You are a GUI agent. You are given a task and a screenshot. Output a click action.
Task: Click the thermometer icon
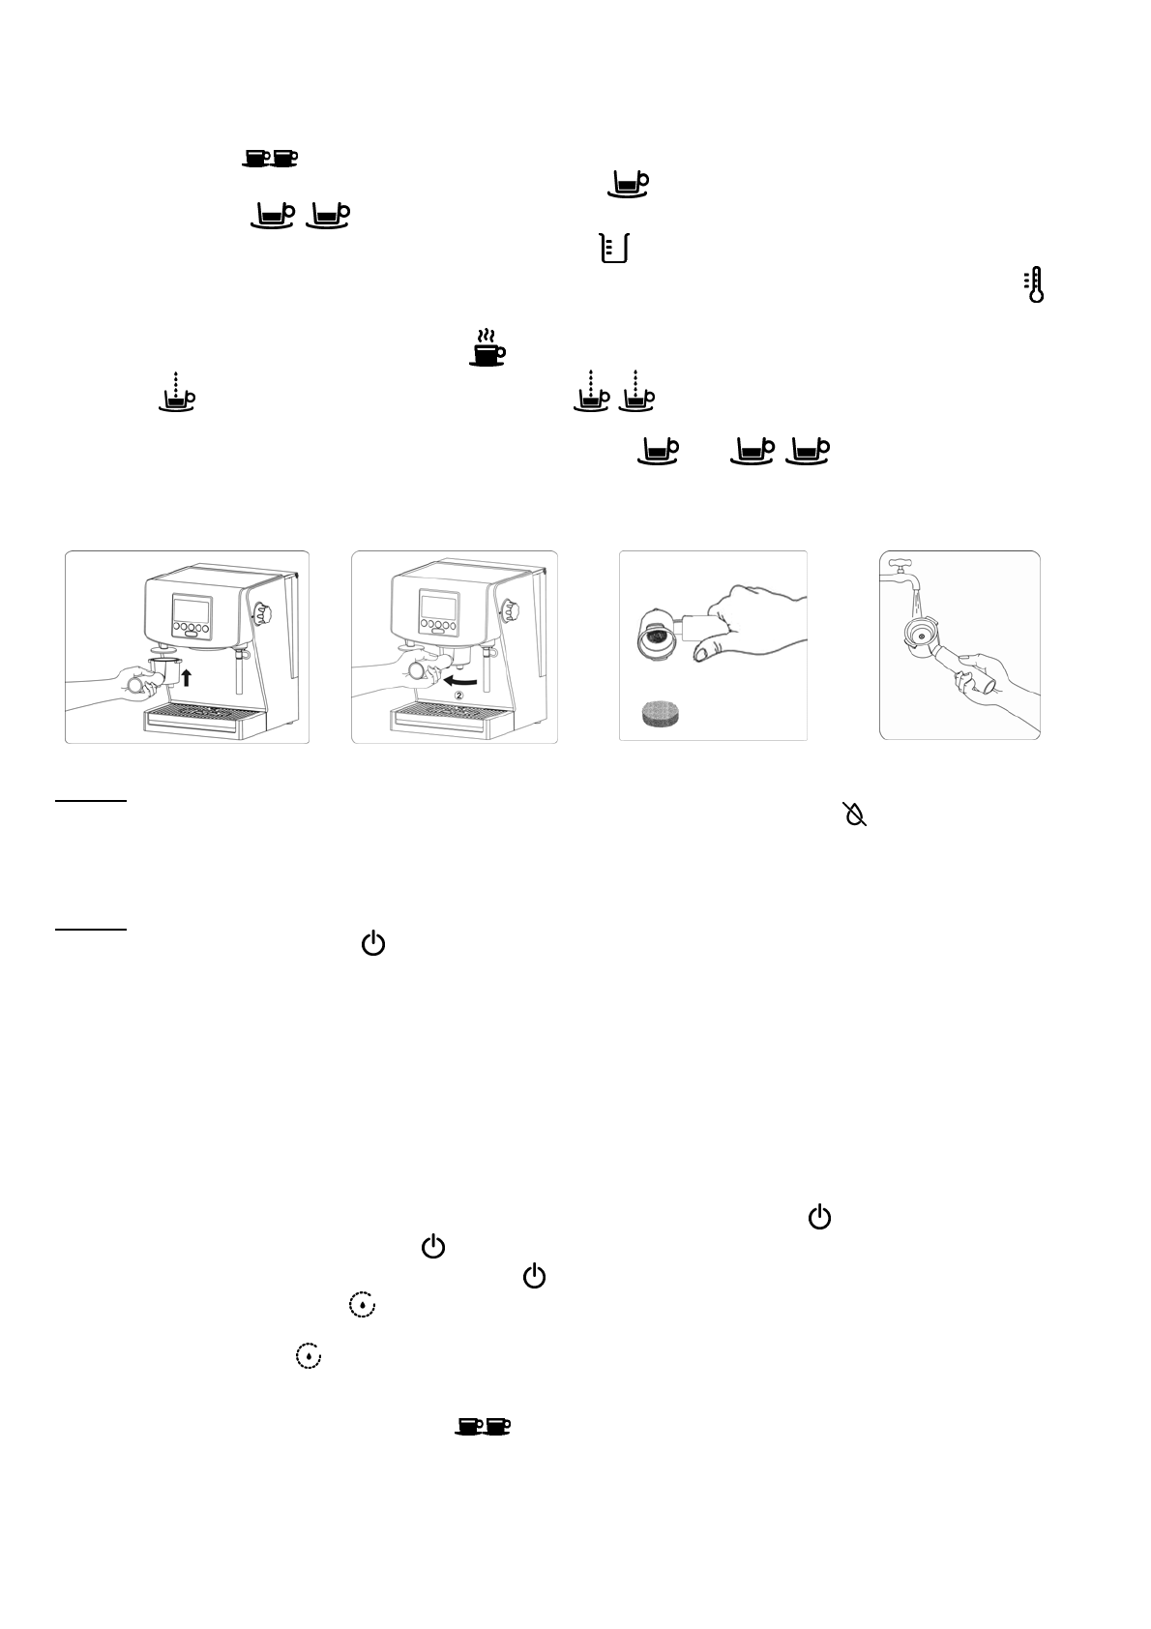(x=1036, y=286)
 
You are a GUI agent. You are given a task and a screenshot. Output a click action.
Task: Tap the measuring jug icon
(x=613, y=248)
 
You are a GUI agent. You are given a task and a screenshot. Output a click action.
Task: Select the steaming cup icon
(x=487, y=347)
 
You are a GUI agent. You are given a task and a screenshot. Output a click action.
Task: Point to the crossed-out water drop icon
(x=854, y=814)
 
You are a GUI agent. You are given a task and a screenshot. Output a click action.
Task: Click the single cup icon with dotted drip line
(x=176, y=392)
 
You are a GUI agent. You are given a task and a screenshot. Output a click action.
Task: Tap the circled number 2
(x=460, y=694)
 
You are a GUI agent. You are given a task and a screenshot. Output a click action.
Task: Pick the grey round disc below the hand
(x=666, y=715)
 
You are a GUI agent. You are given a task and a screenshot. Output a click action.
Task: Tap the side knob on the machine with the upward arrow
(x=262, y=612)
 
